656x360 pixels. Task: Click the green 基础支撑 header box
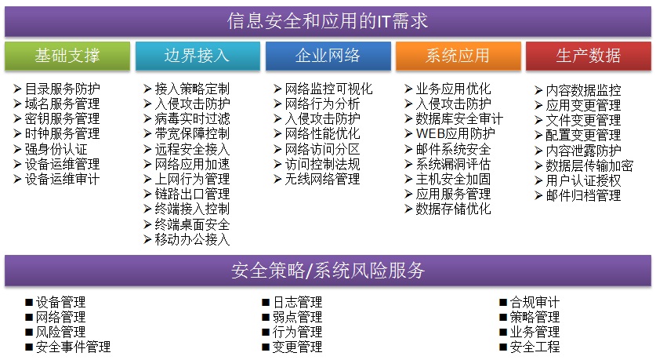point(67,55)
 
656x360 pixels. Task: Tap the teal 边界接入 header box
point(198,55)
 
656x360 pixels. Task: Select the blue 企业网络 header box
point(328,55)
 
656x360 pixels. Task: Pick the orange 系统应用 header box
point(458,55)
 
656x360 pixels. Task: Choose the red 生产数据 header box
point(589,55)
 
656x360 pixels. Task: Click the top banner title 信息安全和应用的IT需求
point(328,21)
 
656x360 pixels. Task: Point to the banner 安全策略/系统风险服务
point(328,271)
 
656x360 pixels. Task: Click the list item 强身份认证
point(56,149)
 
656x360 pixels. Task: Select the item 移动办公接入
point(193,239)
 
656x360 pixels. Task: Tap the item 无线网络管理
point(323,179)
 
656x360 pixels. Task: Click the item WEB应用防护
point(455,134)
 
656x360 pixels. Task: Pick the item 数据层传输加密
point(589,165)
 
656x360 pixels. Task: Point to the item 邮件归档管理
point(583,195)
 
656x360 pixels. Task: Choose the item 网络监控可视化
point(329,89)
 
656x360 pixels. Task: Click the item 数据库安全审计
point(459,119)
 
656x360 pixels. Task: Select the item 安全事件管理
point(73,347)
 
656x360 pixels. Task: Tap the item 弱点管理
point(298,317)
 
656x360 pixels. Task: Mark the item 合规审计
point(535,302)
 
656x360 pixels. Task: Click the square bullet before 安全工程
point(503,347)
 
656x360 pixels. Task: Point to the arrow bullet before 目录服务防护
point(17,89)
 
